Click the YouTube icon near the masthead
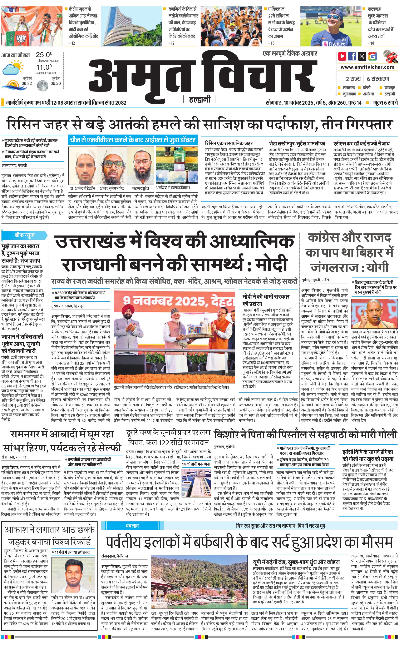pyautogui.click(x=342, y=56)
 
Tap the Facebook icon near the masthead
pyautogui.click(x=352, y=56)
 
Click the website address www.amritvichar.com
pyautogui.click(x=367, y=67)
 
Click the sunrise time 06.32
pyautogui.click(x=27, y=83)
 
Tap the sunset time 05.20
pyautogui.click(x=56, y=83)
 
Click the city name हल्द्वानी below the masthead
pyautogui.click(x=200, y=99)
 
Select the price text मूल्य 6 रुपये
pyautogui.click(x=385, y=103)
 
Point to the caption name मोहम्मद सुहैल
pyautogui.click(x=140, y=188)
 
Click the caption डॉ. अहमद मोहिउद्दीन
pyautogui.click(x=83, y=188)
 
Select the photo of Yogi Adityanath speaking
pyautogui.click(x=374, y=313)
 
